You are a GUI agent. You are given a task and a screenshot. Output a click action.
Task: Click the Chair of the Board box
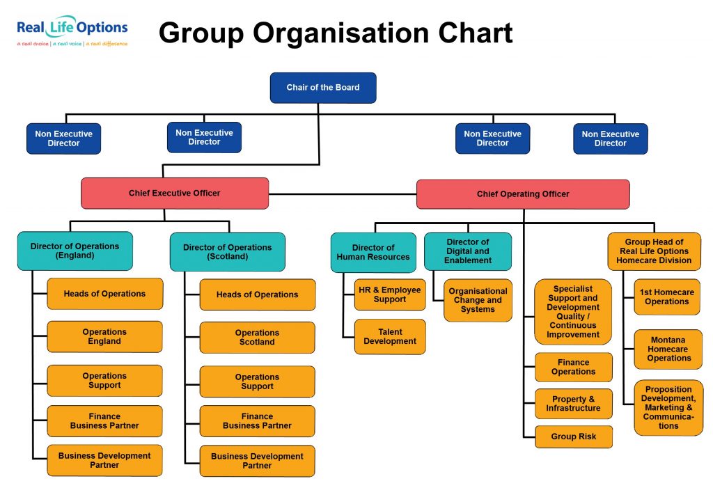click(323, 88)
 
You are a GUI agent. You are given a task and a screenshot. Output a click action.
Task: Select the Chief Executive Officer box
click(174, 194)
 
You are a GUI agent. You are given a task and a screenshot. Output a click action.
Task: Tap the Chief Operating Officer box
click(523, 194)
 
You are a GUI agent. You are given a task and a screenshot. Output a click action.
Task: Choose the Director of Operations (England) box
click(75, 251)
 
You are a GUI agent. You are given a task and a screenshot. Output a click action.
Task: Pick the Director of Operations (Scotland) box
click(227, 252)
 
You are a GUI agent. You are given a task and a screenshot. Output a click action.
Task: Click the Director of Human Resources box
click(373, 252)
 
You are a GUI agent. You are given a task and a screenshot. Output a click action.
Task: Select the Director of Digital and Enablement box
click(468, 251)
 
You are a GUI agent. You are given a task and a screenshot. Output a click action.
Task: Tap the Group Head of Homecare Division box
click(654, 251)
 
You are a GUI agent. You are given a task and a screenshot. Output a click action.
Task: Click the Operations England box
click(104, 337)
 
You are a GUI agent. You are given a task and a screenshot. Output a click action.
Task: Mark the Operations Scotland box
click(257, 338)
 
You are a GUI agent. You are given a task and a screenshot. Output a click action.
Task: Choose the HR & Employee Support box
click(390, 294)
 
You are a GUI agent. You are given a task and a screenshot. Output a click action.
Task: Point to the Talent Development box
click(390, 337)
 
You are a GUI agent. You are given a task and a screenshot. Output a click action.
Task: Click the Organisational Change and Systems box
click(478, 300)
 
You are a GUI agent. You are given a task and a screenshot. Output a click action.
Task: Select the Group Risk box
click(573, 437)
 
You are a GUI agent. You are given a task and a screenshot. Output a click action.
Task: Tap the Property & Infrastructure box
click(573, 404)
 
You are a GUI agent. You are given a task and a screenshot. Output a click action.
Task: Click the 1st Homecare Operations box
click(666, 297)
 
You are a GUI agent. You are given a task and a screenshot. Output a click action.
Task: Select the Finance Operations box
click(573, 368)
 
